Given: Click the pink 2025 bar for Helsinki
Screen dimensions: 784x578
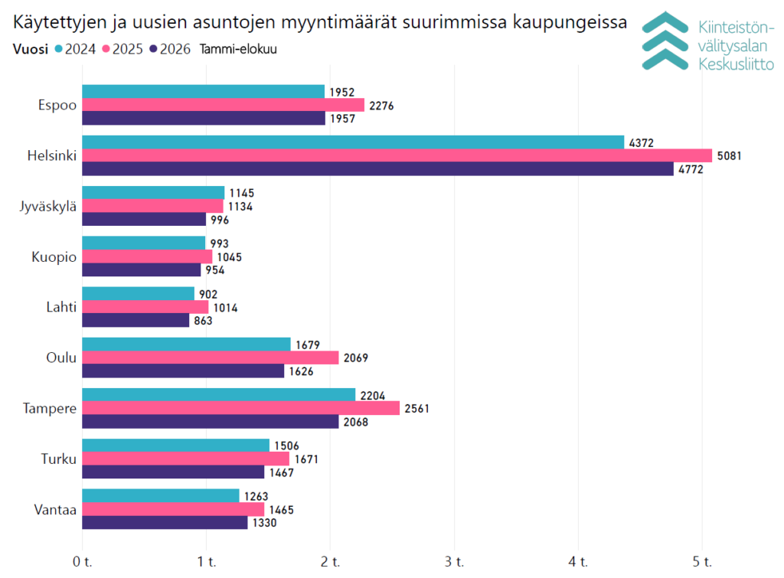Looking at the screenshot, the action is click(x=397, y=155).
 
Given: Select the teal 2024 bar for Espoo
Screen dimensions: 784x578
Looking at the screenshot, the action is click(x=204, y=92).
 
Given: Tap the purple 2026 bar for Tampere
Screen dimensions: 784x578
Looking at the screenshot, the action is click(x=211, y=422).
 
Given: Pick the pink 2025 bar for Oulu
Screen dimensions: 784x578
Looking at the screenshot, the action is click(x=211, y=358).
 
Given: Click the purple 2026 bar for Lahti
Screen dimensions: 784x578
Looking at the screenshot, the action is click(x=136, y=321).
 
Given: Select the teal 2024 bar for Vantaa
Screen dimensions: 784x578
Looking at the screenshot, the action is click(x=161, y=495).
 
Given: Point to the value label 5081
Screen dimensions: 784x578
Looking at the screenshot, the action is click(x=729, y=156).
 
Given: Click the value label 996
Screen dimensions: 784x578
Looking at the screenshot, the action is click(x=220, y=220).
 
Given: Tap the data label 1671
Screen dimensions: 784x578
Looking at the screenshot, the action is click(x=306, y=459).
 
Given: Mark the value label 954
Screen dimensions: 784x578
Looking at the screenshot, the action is click(x=215, y=270).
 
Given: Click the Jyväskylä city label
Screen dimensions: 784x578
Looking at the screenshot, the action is click(x=48, y=207).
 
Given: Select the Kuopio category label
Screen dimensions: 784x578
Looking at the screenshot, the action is click(x=54, y=257).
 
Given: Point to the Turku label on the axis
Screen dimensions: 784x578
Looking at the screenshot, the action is click(x=59, y=459).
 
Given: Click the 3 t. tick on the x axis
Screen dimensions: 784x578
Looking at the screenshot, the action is click(x=455, y=562).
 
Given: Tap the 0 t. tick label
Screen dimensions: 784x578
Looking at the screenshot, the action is click(x=83, y=562).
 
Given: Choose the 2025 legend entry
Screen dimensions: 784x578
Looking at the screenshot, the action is click(x=122, y=49).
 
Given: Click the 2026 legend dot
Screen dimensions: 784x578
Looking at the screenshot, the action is click(x=153, y=49).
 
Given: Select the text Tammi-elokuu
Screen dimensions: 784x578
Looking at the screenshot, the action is click(x=238, y=49).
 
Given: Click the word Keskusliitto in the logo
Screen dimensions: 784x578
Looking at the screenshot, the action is click(x=736, y=64).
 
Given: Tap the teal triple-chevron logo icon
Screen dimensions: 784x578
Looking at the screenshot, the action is click(x=665, y=41).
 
